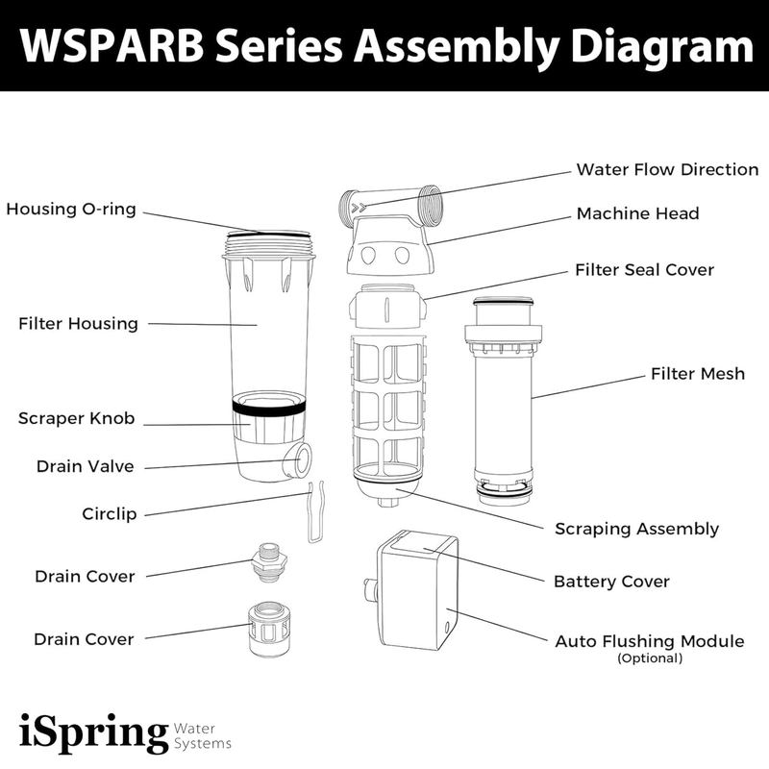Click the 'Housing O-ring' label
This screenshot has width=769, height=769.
71,209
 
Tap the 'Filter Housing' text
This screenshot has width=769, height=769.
78,324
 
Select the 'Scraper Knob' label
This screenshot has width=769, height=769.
76,419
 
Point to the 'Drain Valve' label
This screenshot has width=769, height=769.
85,467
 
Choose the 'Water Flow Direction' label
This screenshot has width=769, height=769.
667,170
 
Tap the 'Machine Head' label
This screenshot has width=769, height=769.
637,213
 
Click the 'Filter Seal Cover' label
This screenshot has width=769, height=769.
644,270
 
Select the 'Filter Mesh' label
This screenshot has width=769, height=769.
697,373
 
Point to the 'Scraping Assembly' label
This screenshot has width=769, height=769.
636,529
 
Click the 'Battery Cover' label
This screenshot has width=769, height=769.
611,582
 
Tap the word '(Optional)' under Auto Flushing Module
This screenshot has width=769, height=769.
650,658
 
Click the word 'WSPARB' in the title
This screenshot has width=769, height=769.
113,45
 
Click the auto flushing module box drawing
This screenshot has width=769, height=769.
416,592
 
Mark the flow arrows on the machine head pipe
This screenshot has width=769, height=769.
360,207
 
